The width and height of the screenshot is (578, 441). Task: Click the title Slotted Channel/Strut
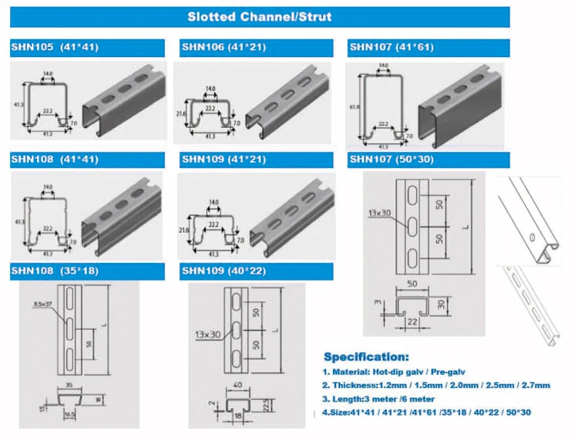(260, 16)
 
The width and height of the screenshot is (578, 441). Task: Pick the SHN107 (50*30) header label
(394, 160)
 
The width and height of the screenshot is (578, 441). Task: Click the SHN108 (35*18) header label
(54, 271)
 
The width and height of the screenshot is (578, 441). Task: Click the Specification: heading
(366, 357)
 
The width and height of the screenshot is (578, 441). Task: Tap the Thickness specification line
(436, 385)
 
